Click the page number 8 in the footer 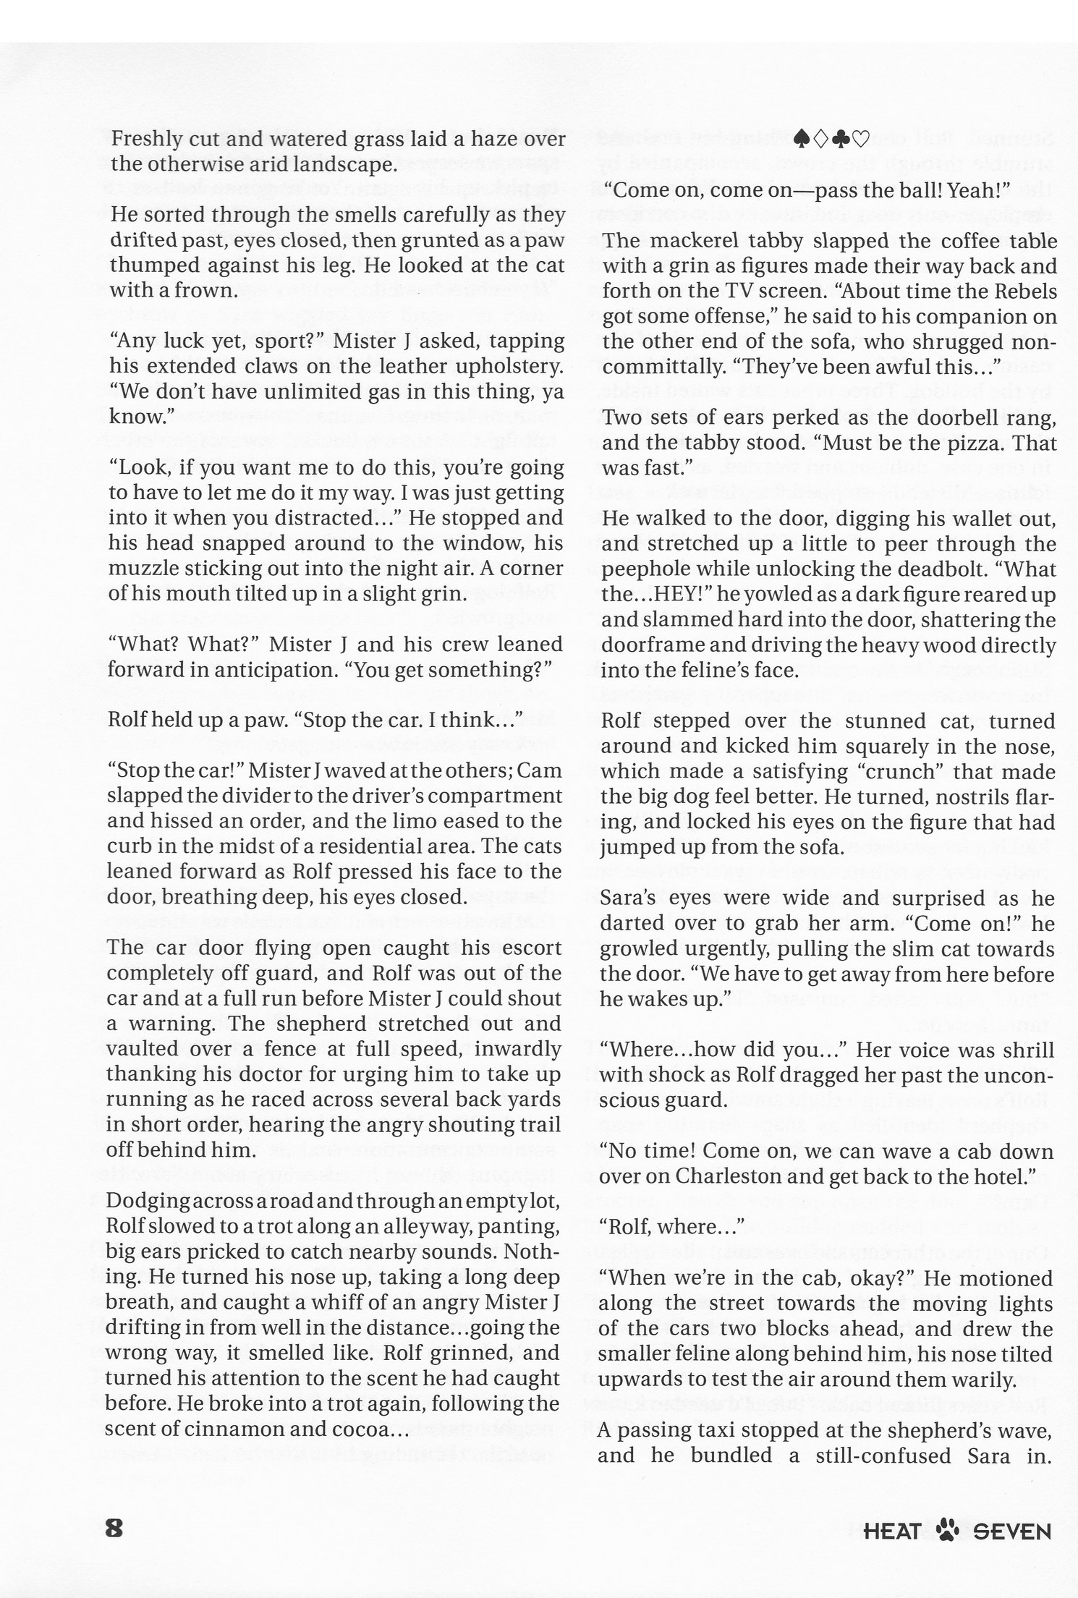115,1528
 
